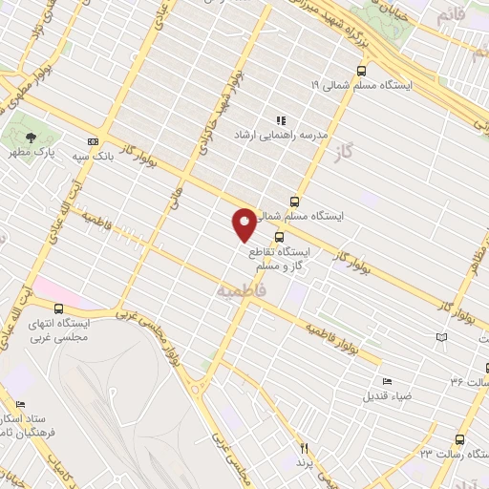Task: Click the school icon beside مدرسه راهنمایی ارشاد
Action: point(281,121)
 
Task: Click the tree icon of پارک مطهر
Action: point(32,136)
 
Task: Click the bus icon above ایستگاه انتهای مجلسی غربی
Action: point(59,308)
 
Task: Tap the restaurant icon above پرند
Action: point(304,446)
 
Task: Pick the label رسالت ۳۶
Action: point(469,381)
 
